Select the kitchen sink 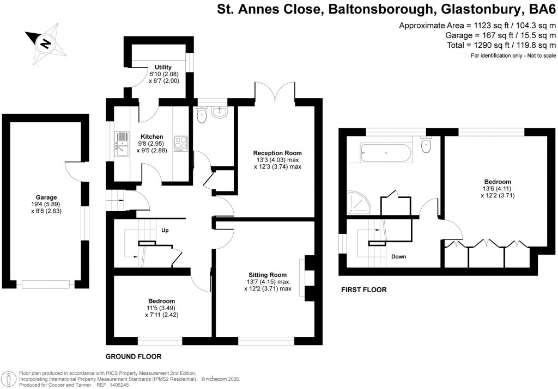[121, 144]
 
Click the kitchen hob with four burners [180, 144]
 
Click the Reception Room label [277, 153]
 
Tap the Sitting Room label [268, 275]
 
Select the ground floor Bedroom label [161, 301]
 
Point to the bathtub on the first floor [387, 153]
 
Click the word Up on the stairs [166, 230]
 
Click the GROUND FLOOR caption [134, 357]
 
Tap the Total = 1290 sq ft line [477, 45]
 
